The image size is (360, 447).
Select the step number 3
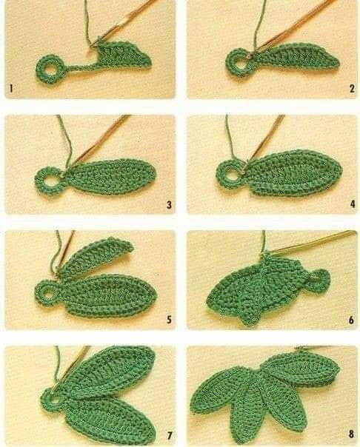click(169, 204)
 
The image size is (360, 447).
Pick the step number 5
click(169, 320)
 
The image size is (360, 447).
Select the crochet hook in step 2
click(296, 23)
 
